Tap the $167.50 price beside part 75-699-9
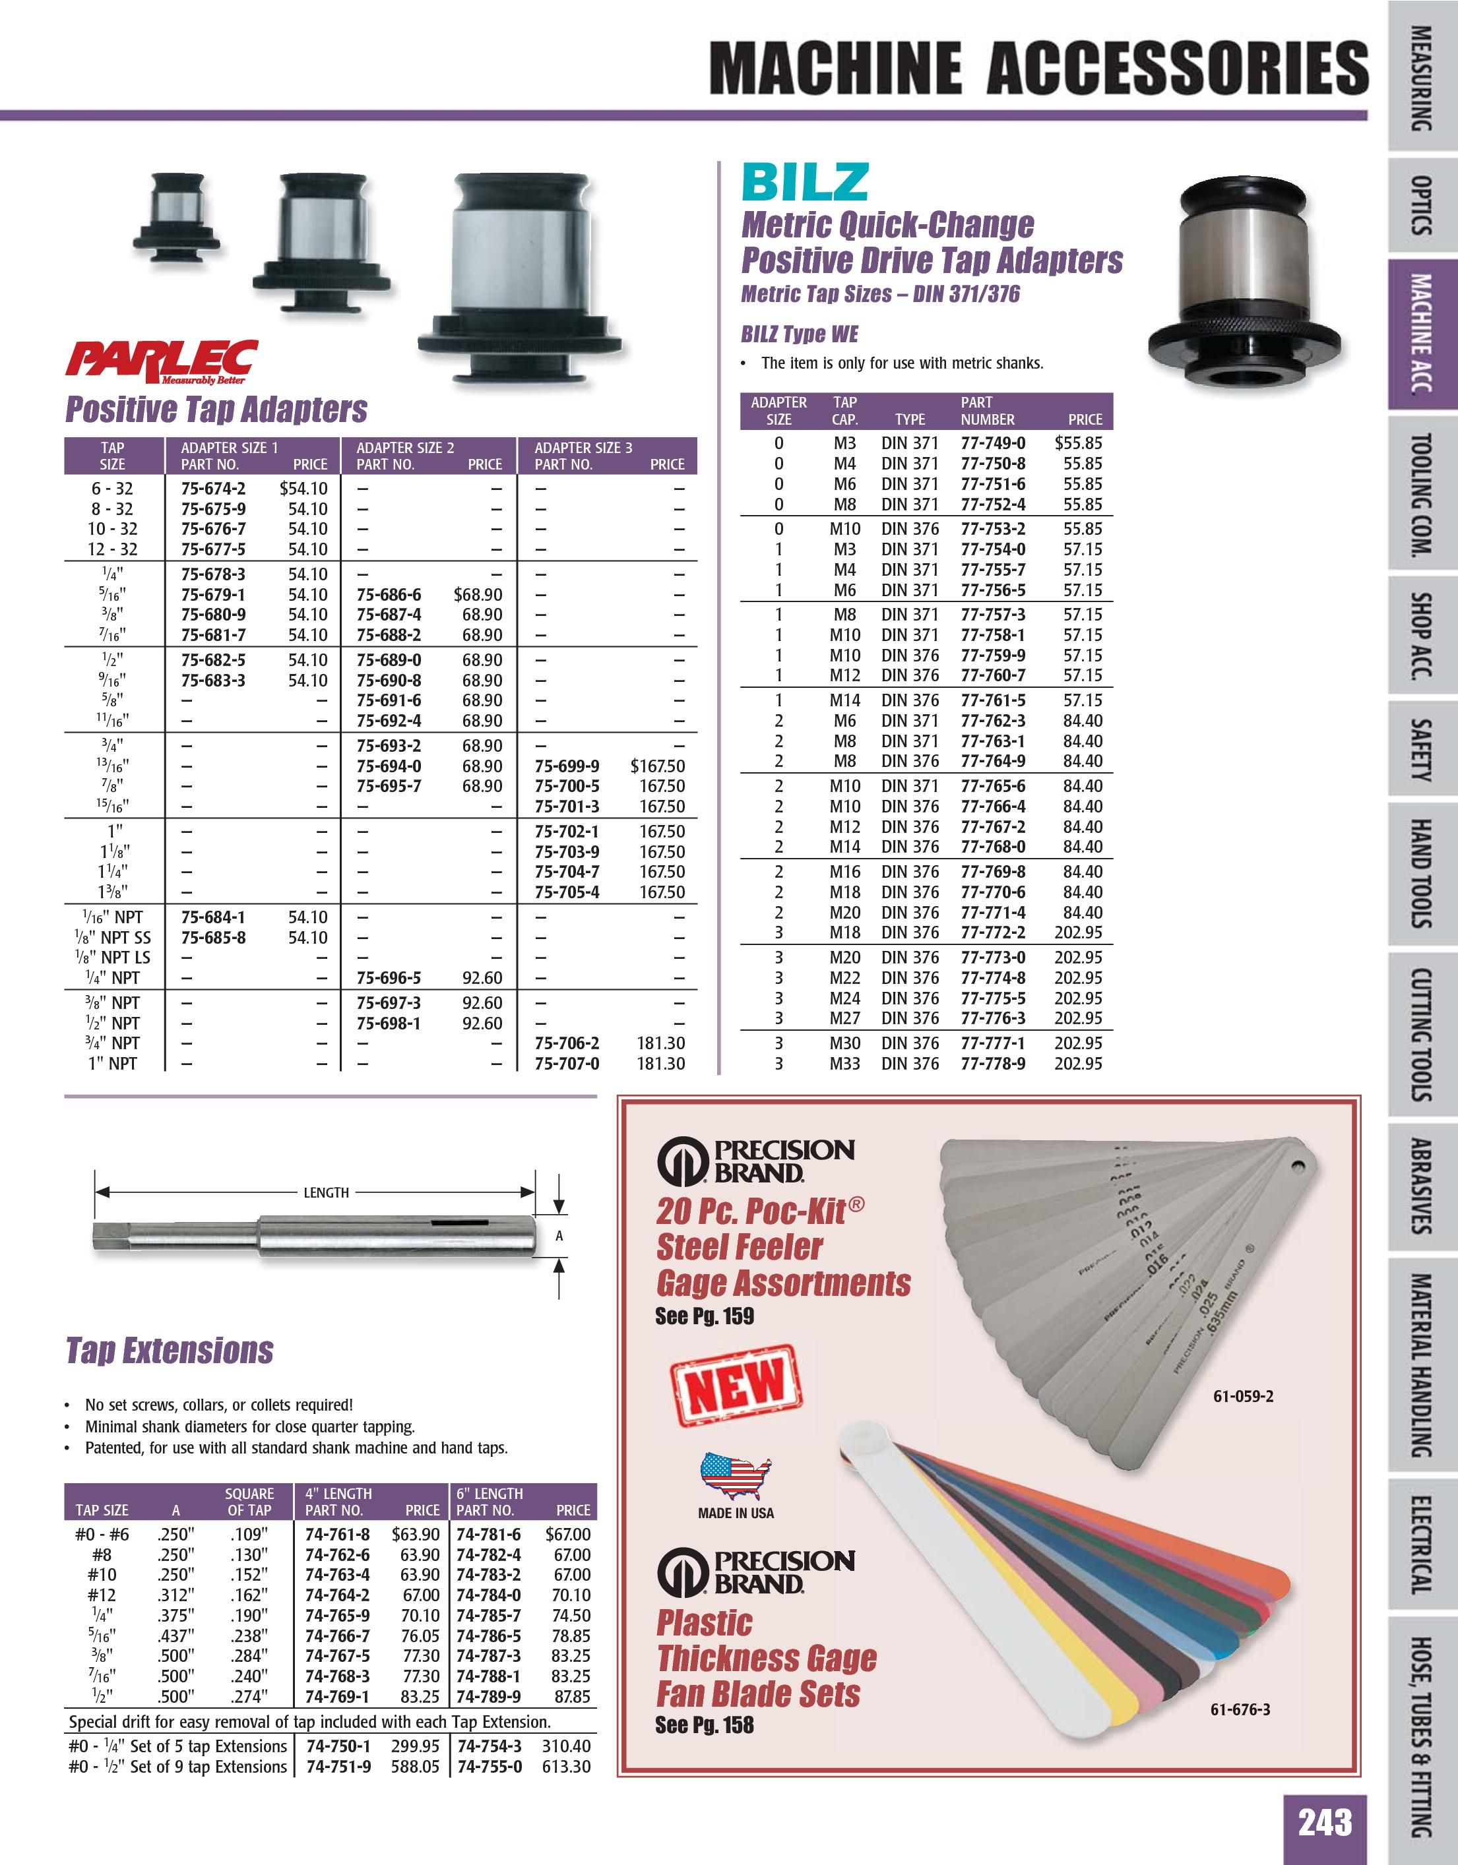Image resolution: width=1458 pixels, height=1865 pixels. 657,766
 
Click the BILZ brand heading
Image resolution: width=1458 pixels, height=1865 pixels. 805,182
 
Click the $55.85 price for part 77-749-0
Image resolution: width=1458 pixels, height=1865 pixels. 1078,443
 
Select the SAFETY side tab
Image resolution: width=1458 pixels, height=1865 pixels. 1420,750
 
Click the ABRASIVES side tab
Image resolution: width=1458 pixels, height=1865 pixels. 1420,1186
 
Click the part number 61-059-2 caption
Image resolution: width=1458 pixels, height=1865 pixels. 1243,1397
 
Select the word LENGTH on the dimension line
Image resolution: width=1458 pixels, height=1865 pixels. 327,1192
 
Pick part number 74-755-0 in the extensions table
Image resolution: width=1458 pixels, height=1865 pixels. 489,1766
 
